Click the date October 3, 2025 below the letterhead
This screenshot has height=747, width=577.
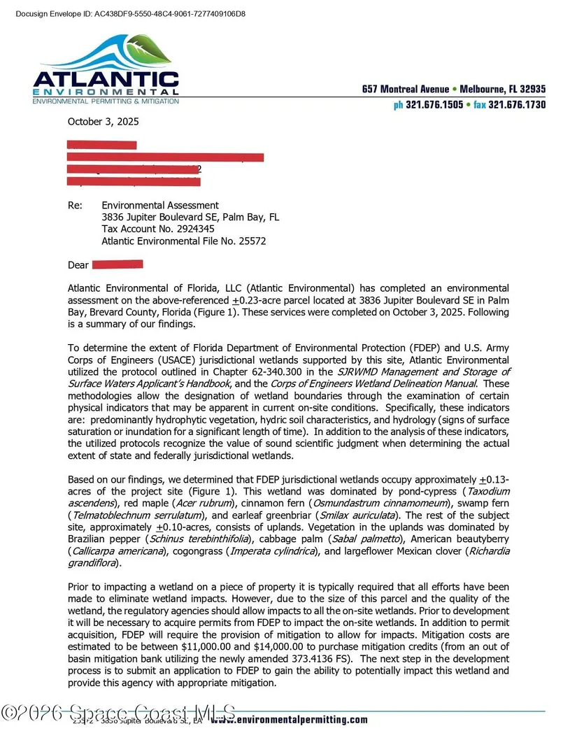[x=103, y=121]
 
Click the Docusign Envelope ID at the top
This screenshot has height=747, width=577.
[x=129, y=14]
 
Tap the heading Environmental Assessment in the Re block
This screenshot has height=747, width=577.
[x=160, y=205]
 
